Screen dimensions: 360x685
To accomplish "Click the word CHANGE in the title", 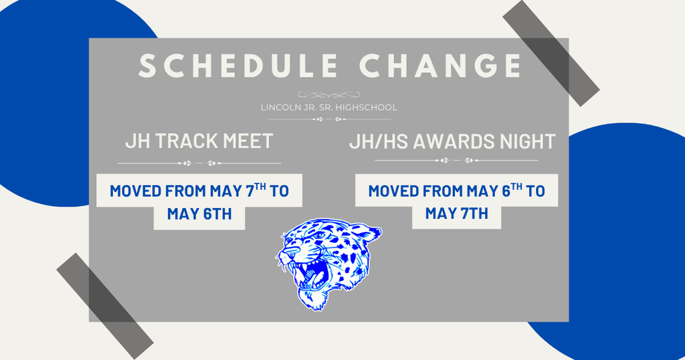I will pos(440,66).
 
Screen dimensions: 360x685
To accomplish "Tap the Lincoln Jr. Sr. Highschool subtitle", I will pos(328,107).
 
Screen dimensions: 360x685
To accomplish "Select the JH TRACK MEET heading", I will pos(199,141).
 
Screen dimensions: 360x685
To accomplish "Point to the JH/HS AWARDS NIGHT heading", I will pos(452,141).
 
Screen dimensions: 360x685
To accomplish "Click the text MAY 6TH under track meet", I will pos(199,215).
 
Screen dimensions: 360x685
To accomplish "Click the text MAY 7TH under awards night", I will pos(456,214).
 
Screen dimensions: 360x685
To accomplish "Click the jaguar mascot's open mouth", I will pos(315,274).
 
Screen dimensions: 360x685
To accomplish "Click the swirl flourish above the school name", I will pos(328,94).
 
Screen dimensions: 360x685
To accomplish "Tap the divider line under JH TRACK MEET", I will pos(199,163).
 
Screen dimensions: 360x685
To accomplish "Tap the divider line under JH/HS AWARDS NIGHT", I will pos(456,161).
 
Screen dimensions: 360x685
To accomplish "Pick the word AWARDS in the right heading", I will pos(465,141).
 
